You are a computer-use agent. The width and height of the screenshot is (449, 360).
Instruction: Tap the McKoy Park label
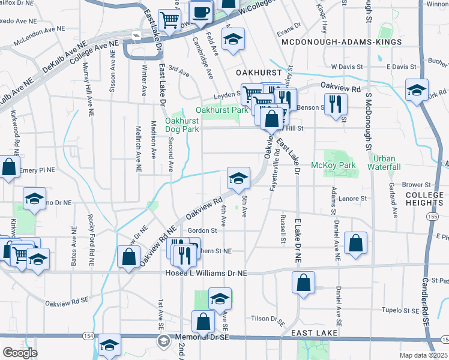(333, 165)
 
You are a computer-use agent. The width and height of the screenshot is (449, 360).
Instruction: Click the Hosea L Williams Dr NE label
(206, 272)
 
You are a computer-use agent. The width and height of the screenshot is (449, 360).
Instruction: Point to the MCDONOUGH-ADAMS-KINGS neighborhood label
(341, 43)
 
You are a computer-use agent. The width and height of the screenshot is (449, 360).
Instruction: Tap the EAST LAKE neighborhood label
(312, 332)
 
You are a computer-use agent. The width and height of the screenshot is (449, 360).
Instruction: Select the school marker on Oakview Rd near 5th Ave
(238, 178)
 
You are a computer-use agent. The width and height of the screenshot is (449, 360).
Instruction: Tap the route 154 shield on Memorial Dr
(88, 335)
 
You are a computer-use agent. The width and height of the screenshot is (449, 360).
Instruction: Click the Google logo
(20, 352)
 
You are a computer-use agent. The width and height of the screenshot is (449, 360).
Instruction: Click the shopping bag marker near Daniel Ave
(356, 243)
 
